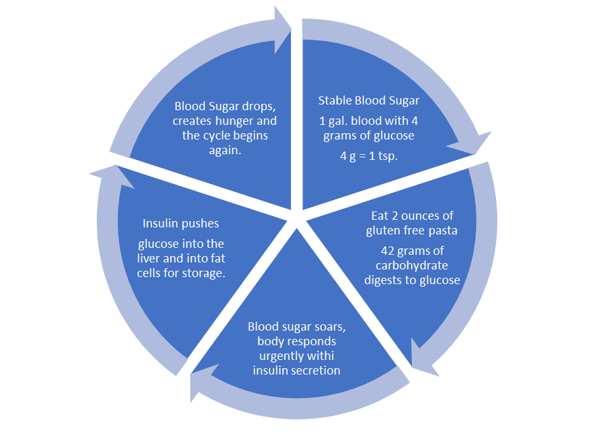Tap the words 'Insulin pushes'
[181, 223]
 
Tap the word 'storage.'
[207, 273]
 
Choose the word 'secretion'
[317, 370]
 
